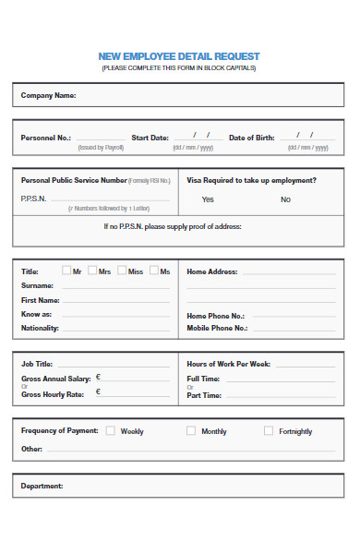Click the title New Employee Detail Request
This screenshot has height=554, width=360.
(179, 56)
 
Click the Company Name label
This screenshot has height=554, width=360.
(48, 95)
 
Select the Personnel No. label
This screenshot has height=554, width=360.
(45, 138)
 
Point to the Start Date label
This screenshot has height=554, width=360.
(150, 138)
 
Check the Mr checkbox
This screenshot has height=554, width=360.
(66, 271)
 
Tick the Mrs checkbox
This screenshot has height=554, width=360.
(93, 271)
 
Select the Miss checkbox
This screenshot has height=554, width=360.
(122, 271)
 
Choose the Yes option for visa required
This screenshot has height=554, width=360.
(208, 199)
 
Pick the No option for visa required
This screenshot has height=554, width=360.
(285, 199)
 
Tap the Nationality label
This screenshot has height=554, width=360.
(40, 328)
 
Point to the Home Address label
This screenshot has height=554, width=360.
(212, 272)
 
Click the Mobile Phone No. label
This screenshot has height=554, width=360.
(217, 328)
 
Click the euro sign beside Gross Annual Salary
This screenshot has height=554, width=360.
(98, 378)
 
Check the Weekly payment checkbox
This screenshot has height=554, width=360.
(111, 430)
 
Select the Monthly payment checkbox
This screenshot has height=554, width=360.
(191, 430)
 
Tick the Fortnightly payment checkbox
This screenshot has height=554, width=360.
(269, 430)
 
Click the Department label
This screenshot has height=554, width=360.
(42, 486)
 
